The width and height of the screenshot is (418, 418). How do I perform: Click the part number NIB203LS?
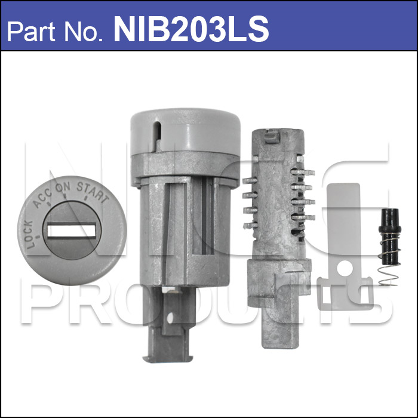[191, 29]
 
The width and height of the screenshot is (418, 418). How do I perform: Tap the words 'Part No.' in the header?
[55, 32]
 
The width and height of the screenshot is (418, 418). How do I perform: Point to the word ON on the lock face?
[63, 186]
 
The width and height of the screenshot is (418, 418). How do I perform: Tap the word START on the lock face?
[93, 192]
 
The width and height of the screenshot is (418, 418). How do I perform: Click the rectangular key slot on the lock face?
[72, 230]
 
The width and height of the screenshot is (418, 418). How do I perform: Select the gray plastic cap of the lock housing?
[186, 132]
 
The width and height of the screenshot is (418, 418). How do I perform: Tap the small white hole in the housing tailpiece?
[170, 318]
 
